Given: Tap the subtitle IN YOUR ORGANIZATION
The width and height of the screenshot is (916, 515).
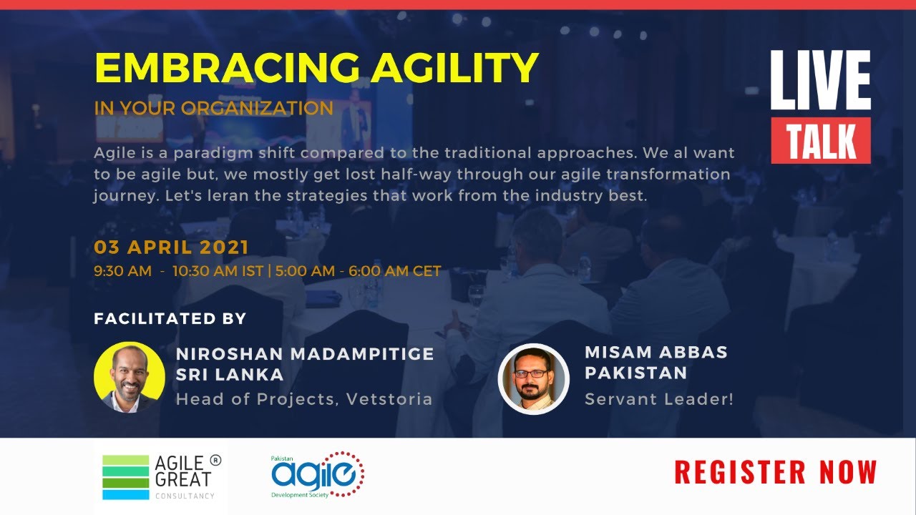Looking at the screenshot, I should point(213,109).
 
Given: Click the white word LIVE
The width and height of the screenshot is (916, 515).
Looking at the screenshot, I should point(820,81).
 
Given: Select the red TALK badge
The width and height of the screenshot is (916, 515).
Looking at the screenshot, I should point(821,141).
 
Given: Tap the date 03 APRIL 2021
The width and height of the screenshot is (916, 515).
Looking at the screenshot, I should point(171,247).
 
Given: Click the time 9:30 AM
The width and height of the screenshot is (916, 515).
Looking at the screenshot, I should point(122,271).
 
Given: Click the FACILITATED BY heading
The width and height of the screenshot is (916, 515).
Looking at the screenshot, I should point(170,319).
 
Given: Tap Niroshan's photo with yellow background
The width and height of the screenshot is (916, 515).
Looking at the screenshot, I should point(130,377).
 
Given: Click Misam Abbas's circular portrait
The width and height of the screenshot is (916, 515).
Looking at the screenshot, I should point(533,379).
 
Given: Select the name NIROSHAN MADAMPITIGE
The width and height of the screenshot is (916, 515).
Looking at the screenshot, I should point(305,354).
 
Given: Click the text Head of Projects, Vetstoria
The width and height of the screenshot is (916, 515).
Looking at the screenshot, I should point(304,398).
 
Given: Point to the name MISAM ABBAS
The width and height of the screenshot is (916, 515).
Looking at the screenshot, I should point(656,352).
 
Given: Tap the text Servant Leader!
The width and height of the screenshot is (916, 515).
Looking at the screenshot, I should point(658,399).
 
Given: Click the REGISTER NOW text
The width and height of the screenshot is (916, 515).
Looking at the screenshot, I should point(775,473).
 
